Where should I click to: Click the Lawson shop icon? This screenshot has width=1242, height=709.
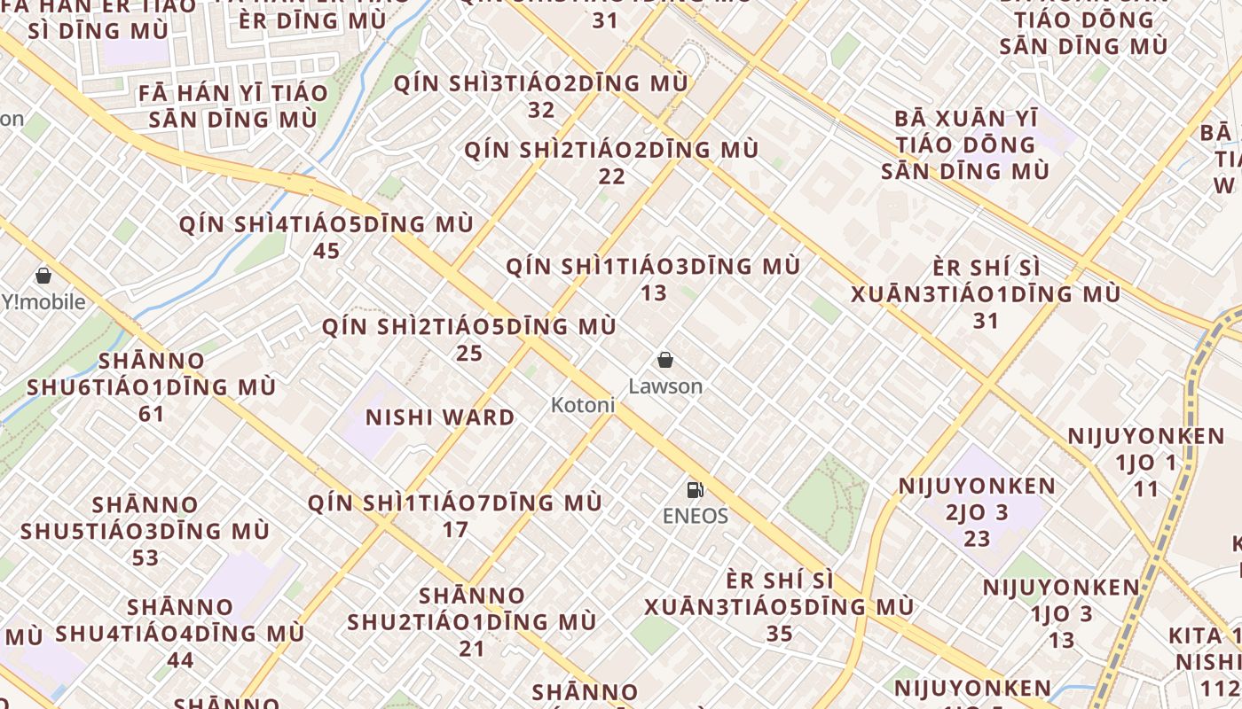[665, 360]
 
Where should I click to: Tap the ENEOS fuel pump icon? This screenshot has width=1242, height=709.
[695, 489]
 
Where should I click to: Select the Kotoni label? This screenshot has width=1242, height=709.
[583, 405]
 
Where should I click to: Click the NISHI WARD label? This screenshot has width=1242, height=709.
[440, 417]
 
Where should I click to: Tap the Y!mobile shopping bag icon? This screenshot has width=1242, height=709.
[43, 276]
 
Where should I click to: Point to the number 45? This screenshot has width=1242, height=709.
[326, 251]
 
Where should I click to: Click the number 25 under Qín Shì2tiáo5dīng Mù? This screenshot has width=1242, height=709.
[469, 354]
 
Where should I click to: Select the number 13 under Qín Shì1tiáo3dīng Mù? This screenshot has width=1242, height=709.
[654, 292]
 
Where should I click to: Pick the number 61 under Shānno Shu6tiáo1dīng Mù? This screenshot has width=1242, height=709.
[152, 414]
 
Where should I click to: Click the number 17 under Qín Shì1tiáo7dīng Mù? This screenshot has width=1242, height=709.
[455, 530]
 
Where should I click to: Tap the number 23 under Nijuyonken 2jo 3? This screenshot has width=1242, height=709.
[977, 539]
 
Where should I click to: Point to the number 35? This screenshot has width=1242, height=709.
[779, 634]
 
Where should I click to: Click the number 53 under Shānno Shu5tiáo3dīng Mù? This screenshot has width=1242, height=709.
[145, 557]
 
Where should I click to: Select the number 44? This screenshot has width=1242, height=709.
[180, 660]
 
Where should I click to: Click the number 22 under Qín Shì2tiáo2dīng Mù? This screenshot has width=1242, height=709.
[611, 176]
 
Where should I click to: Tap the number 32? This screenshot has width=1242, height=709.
[541, 110]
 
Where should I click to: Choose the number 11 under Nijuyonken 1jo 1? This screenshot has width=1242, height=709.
[1146, 488]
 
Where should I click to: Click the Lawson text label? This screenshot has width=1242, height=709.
[665, 386]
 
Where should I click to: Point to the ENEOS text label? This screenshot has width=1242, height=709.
[696, 516]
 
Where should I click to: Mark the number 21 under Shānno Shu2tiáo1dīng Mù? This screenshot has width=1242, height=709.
[472, 648]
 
